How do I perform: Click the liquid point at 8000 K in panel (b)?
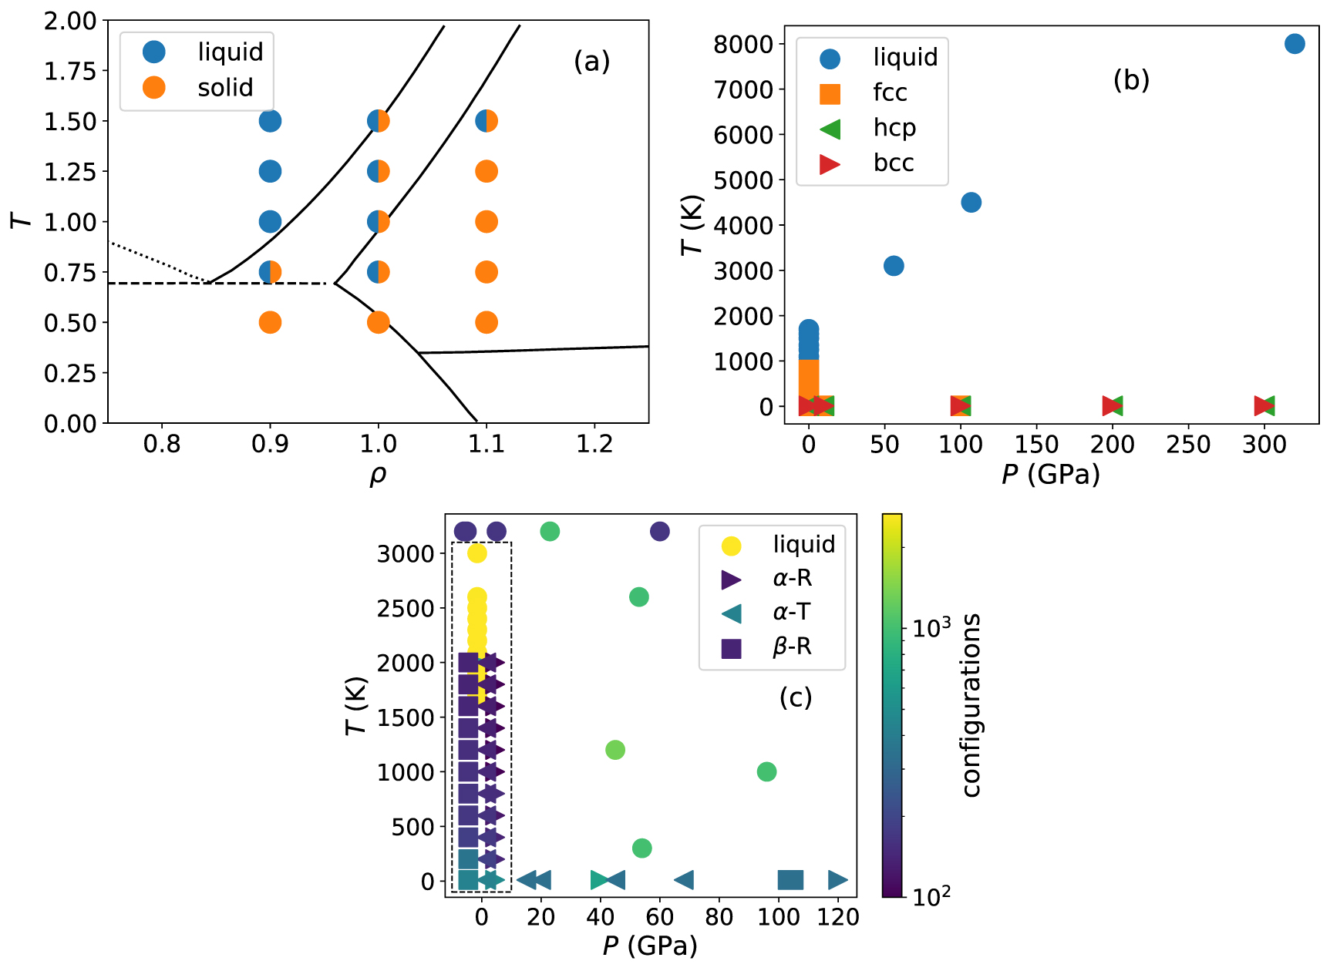point(1295,44)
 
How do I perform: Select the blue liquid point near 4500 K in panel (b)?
point(971,203)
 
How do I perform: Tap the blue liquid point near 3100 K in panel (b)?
point(894,266)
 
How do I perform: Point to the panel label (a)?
point(591,61)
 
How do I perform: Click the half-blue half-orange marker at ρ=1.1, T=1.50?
point(487,121)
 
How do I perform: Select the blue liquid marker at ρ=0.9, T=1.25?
point(270,171)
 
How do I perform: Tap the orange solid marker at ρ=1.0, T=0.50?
point(378,322)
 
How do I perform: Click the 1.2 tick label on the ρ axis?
point(594,445)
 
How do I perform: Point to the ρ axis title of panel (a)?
point(378,474)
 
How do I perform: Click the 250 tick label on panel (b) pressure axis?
point(1188,445)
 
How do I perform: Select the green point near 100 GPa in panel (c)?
point(766,771)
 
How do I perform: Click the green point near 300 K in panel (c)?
point(641,848)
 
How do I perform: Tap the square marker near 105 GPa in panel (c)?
point(790,879)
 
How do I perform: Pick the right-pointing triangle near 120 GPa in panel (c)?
point(838,879)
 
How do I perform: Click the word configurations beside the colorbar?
point(971,705)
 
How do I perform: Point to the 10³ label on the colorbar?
point(931,629)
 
